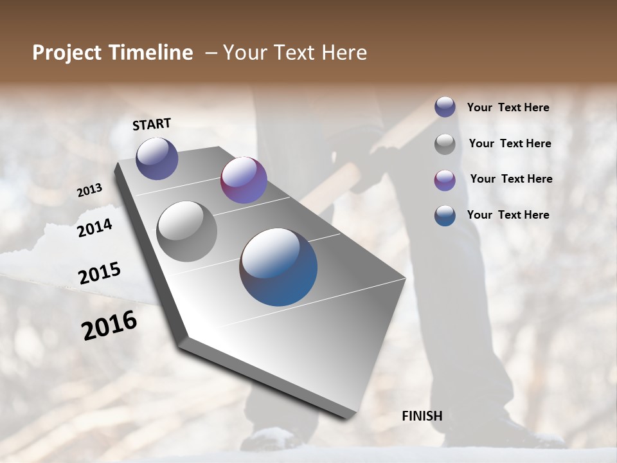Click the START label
click(152, 123)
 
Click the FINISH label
click(422, 416)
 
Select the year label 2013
click(90, 190)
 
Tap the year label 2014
click(95, 228)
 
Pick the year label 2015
click(100, 273)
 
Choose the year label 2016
click(109, 325)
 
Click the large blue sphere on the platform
click(278, 267)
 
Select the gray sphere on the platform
click(186, 231)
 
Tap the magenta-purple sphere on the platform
click(244, 180)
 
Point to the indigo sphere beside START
click(157, 158)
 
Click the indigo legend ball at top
click(445, 107)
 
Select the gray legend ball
click(445, 143)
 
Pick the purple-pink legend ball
click(445, 179)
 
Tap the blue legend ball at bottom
click(445, 215)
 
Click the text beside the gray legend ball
click(510, 143)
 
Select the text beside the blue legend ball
click(508, 215)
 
